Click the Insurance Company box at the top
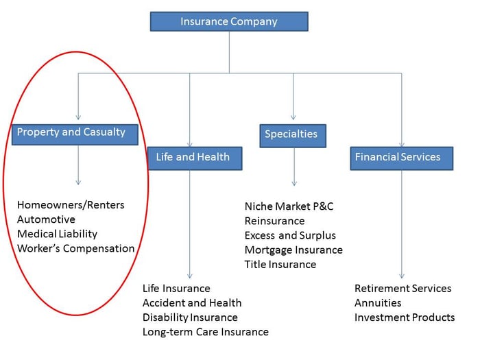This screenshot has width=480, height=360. tap(229, 21)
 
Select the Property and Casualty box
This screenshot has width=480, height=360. tap(76, 132)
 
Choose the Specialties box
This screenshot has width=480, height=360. tap(293, 134)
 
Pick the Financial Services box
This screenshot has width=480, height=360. tap(401, 157)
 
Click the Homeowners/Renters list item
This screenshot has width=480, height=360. tap(71, 205)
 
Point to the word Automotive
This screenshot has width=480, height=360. tap(46, 219)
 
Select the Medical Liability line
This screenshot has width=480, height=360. tap(57, 234)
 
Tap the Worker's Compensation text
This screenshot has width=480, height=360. tap(75, 248)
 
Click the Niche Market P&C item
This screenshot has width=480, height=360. tap(289, 206)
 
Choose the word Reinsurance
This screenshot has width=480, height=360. tap(274, 221)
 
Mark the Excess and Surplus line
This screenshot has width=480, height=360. tap(290, 235)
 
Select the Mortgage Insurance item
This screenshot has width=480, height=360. tap(293, 250)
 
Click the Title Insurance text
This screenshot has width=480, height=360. tap(280, 264)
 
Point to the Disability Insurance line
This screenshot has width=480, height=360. tap(190, 317)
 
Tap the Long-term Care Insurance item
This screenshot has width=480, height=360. tap(205, 332)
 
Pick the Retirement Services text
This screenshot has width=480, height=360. tap(403, 288)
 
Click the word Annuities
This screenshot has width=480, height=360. tap(378, 302)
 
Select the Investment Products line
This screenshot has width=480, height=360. tap(405, 317)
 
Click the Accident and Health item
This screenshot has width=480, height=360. tap(192, 302)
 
